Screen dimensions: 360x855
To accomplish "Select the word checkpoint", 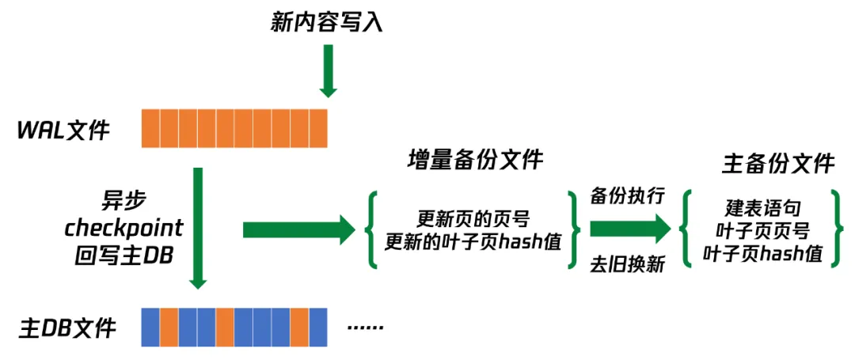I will pyautogui.click(x=123, y=229).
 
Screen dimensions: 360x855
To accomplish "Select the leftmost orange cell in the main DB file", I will pyautogui.click(x=169, y=327).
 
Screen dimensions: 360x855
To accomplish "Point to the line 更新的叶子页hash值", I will pyautogui.click(x=473, y=242).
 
